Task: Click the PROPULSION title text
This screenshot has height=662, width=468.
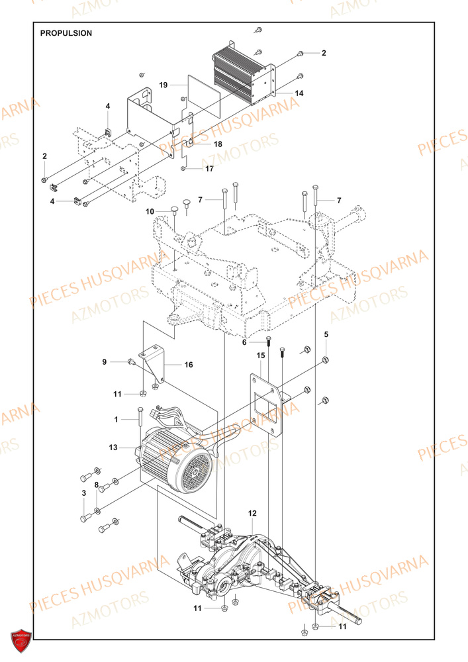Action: coord(66,32)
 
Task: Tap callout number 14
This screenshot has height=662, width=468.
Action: coord(299,93)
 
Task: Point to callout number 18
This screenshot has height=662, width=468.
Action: coord(218,144)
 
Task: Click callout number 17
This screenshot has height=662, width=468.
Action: coord(209,169)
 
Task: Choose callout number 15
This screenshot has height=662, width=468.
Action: coord(261,355)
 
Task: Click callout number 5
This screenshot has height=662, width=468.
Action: coord(326,334)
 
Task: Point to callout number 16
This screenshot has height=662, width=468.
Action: coord(189,365)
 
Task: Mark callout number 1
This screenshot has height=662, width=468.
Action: coord(116,420)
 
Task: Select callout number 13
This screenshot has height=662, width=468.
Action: coord(113,448)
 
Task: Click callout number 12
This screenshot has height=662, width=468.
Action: coord(252,513)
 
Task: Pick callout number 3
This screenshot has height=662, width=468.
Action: coord(84,493)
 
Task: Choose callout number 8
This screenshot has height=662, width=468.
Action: coord(97,485)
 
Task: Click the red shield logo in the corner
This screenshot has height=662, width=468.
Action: coord(22,640)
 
